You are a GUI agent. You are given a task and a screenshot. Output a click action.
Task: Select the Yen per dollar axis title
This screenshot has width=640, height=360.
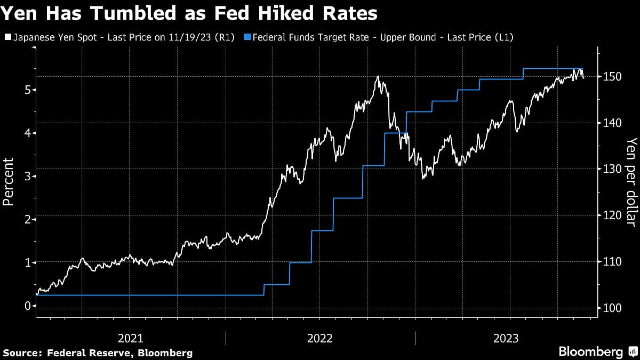631,181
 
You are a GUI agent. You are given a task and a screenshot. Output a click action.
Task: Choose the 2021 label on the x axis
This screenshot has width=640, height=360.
130,338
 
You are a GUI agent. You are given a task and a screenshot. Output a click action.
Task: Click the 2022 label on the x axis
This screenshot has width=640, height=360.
320,338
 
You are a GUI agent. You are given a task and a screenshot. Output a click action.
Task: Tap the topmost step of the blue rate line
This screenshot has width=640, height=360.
552,68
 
